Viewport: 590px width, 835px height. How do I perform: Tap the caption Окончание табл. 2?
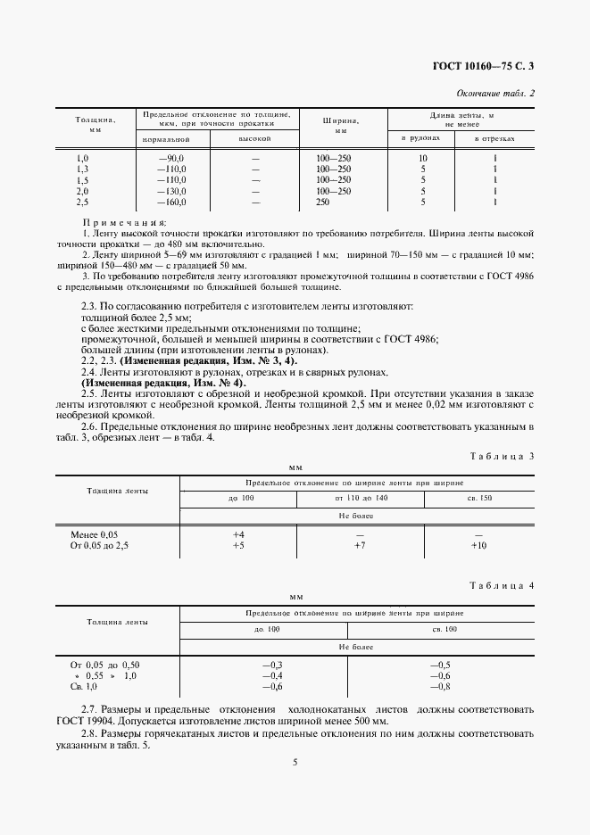[x=495, y=93]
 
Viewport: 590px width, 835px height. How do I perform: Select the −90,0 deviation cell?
[x=170, y=157]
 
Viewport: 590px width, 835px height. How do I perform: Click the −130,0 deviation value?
[x=170, y=191]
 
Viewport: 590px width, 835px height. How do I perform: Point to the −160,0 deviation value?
[x=170, y=203]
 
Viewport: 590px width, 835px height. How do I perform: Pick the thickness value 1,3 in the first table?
[x=83, y=169]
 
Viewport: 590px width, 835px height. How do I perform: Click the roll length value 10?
[x=423, y=157]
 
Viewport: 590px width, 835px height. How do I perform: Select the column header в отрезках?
[x=494, y=139]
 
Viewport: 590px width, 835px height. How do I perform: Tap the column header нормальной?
[x=167, y=139]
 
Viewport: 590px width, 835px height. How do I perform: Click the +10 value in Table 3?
[x=478, y=545]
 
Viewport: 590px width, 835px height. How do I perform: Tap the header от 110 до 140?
[x=361, y=497]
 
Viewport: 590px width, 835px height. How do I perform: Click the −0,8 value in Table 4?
[x=439, y=686]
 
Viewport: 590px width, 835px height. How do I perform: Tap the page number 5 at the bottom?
[x=295, y=762]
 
